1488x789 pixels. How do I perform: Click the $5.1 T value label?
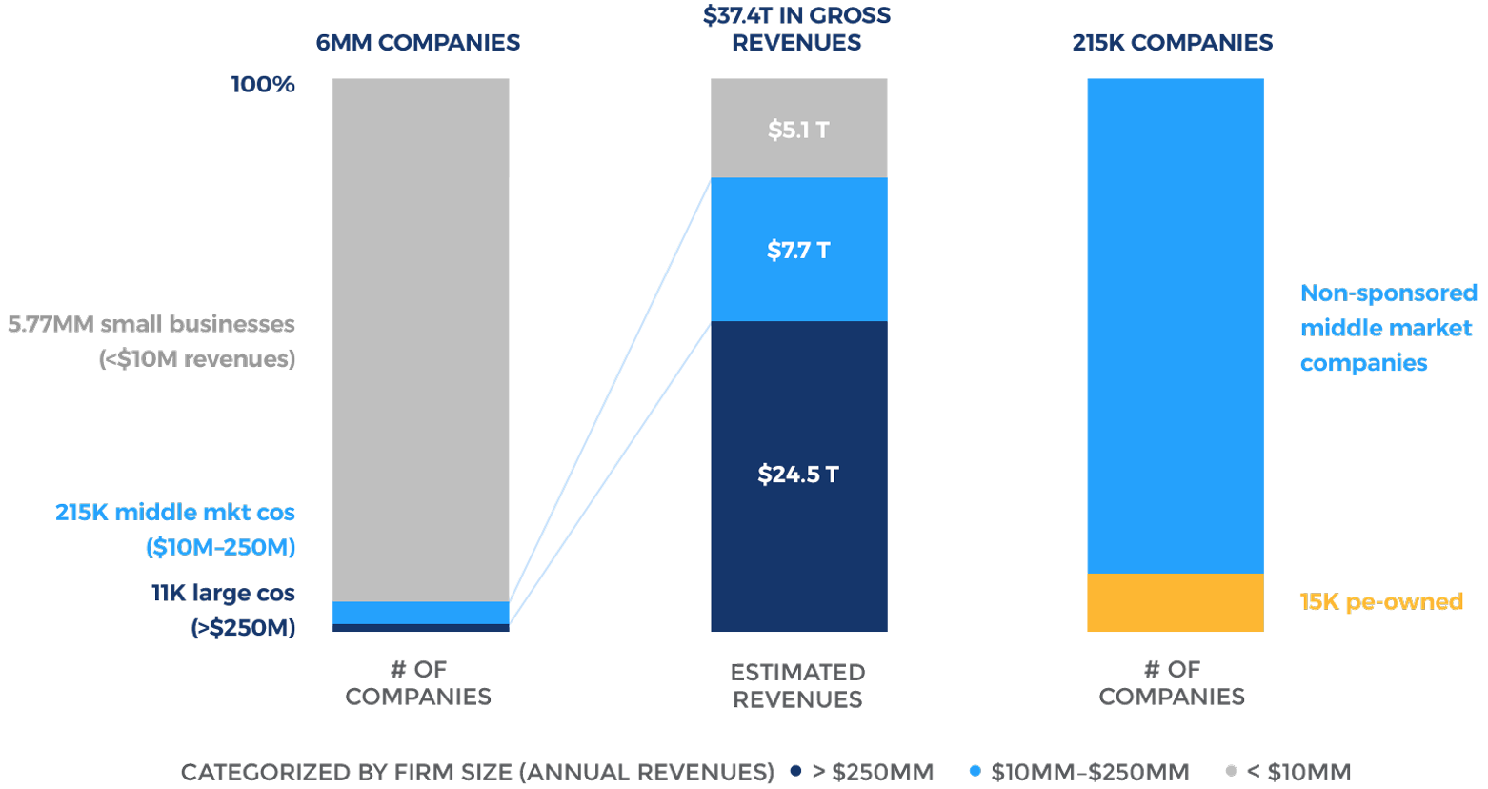[x=798, y=130]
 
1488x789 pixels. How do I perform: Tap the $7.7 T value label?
[x=798, y=251]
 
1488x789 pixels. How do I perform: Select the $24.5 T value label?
[x=798, y=475]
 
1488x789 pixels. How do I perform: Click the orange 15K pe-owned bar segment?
[x=1175, y=602]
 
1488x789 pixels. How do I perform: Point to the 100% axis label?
[x=263, y=84]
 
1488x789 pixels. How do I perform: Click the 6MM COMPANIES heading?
[x=418, y=43]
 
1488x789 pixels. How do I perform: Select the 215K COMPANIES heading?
[x=1172, y=43]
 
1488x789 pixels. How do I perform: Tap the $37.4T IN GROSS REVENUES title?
[x=797, y=29]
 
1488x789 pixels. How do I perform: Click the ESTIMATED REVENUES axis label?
[x=797, y=685]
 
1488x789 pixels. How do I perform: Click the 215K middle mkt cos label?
[x=176, y=529]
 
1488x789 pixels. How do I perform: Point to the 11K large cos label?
[x=225, y=610]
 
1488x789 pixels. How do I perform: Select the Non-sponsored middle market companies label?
[x=1387, y=328]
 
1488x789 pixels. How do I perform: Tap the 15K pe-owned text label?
[x=1380, y=602]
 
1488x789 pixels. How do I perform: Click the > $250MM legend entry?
[x=862, y=772]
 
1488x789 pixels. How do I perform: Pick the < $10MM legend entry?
[x=1288, y=772]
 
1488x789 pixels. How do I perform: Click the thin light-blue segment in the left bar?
[x=420, y=612]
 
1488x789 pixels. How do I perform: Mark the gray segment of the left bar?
[x=420, y=334]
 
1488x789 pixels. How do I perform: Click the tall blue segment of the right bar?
[x=1175, y=324]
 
